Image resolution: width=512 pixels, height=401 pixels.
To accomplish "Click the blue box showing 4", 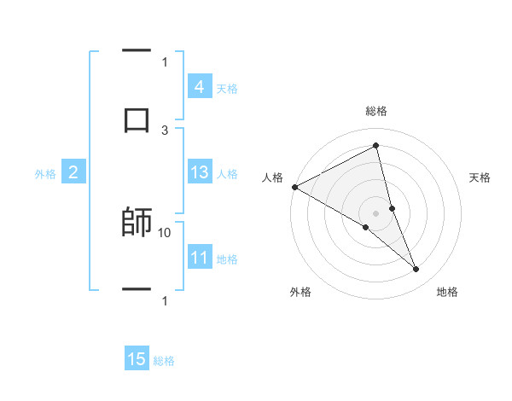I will [199, 87].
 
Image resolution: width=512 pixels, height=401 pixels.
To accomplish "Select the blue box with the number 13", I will [199, 172].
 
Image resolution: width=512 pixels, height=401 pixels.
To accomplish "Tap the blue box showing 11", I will [199, 258].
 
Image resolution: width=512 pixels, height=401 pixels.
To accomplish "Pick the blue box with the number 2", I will [73, 172].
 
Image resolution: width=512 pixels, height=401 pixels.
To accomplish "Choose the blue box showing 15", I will [137, 359].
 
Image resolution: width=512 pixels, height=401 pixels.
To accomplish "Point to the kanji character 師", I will [137, 223].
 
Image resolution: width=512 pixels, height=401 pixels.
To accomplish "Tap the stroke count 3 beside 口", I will [165, 130].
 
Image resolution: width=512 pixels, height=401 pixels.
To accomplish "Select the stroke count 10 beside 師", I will [165, 232].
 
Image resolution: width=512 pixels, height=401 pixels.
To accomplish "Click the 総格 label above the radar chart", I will [376, 111].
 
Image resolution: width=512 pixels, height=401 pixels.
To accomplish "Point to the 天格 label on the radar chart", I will [480, 177].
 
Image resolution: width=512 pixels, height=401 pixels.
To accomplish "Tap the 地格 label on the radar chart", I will [447, 292].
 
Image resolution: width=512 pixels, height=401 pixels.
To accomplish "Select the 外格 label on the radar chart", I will [300, 292].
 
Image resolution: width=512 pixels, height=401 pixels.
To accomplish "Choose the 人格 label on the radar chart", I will [271, 177].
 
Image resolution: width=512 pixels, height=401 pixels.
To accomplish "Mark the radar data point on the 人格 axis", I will [294, 187].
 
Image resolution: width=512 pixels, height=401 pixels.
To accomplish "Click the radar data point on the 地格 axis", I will [416, 270].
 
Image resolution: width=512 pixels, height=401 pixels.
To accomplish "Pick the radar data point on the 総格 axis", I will [376, 146].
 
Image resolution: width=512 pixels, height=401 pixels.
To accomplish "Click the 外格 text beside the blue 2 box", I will [45, 174].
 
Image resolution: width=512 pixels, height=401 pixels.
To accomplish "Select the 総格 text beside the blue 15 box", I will [164, 361].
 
